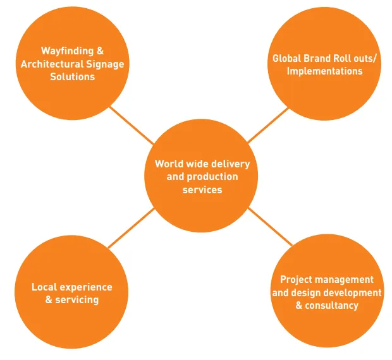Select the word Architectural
click(x=52, y=64)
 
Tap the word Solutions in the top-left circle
click(x=72, y=76)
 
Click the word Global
click(x=286, y=58)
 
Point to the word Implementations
click(x=324, y=71)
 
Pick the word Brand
click(x=318, y=58)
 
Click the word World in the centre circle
click(x=169, y=164)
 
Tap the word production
click(x=211, y=177)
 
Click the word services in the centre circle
click(x=202, y=189)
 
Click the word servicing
click(x=77, y=299)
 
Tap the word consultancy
click(x=332, y=305)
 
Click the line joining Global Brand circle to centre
click(x=268, y=124)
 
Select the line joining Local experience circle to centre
click(x=130, y=228)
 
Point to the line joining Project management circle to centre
click(x=271, y=227)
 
